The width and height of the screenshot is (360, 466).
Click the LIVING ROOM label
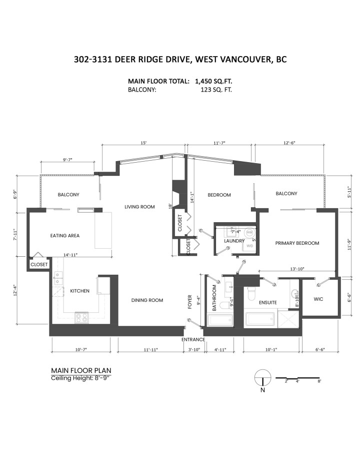pyautogui.click(x=139, y=207)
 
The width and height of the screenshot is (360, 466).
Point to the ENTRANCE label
pyautogui.click(x=193, y=339)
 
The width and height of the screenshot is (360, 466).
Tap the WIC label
pyautogui.click(x=319, y=299)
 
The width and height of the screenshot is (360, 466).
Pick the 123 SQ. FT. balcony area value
pyautogui.click(x=215, y=90)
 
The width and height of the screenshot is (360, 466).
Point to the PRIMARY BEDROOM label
pyautogui.click(x=297, y=243)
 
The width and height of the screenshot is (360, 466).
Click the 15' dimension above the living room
pyautogui.click(x=143, y=143)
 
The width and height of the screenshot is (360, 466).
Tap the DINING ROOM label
pyautogui.click(x=147, y=300)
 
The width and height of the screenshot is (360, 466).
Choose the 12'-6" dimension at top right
pyautogui.click(x=289, y=143)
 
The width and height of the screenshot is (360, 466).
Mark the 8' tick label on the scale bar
pyautogui.click(x=319, y=381)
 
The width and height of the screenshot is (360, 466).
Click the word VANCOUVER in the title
pyautogui.click(x=233, y=59)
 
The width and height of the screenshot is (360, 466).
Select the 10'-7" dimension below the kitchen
pyautogui.click(x=81, y=349)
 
